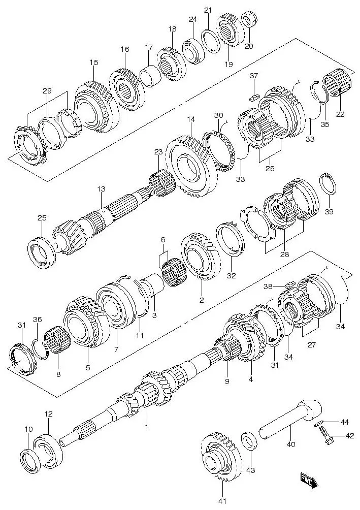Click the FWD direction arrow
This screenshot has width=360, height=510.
(x=308, y=479)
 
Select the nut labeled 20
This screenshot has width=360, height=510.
(x=249, y=20)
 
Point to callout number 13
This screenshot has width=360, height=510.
(x=102, y=188)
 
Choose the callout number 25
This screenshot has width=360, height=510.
(x=42, y=218)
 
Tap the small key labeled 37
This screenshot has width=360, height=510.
(x=254, y=91)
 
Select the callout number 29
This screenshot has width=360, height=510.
(x=47, y=91)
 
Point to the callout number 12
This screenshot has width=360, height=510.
(x=48, y=414)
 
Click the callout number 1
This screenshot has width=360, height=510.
(x=146, y=427)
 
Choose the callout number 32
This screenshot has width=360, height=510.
(x=231, y=276)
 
